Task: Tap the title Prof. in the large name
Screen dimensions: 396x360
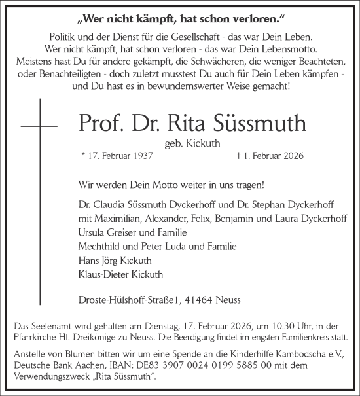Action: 102,122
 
